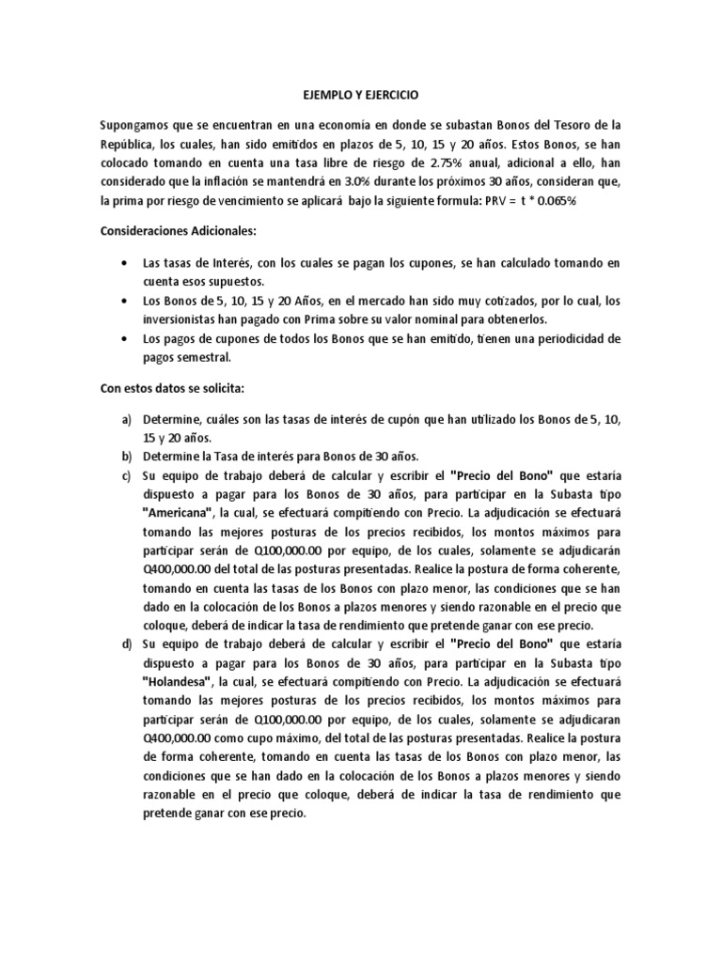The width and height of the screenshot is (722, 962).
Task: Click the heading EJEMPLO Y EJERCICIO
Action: pos(362,96)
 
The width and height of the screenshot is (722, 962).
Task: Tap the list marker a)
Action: pos(125,417)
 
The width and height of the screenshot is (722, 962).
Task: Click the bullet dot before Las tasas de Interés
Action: pos(126,264)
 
